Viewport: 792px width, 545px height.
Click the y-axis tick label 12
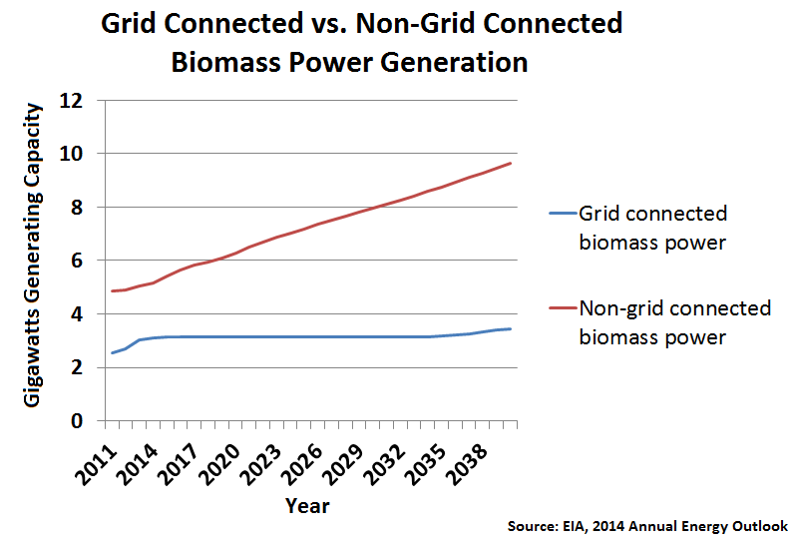pos(71,101)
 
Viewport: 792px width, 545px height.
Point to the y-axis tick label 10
pos(71,154)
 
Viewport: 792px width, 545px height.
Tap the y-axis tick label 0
pos(76,420)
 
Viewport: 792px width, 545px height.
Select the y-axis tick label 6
pos(76,261)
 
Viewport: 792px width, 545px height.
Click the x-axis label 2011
pos(96,465)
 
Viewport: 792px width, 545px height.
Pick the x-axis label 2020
pos(219,465)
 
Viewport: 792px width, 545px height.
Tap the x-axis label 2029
pos(342,465)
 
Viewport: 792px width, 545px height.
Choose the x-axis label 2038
pos(467,465)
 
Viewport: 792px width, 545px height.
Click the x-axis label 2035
pos(425,465)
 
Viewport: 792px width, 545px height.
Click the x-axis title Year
pos(307,506)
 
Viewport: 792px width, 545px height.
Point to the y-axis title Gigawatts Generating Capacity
pos(32,256)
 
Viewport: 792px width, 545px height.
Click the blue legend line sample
pos(563,214)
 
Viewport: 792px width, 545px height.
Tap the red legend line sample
pos(563,307)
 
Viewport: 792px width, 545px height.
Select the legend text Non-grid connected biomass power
pos(675,322)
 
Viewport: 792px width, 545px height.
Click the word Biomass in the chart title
pos(225,63)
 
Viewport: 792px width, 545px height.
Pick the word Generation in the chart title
pos(454,63)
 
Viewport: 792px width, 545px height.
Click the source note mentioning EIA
pos(647,526)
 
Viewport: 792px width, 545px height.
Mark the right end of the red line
pos(511,164)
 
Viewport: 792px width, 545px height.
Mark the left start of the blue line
pos(112,353)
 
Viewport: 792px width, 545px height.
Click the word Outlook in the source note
pos(760,526)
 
